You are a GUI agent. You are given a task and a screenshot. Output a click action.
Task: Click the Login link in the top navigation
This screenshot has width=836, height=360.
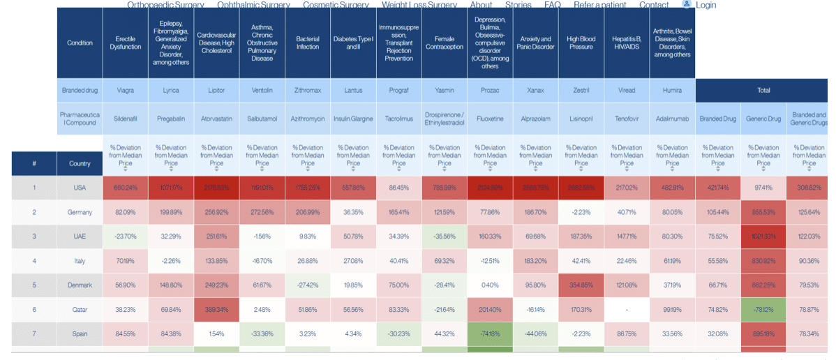click(x=705, y=5)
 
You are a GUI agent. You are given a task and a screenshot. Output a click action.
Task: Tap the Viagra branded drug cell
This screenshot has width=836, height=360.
click(x=126, y=91)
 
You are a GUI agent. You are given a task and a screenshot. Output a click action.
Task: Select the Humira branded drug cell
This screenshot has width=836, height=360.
click(x=672, y=91)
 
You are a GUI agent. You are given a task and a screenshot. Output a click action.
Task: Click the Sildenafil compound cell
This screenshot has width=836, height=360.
click(x=126, y=119)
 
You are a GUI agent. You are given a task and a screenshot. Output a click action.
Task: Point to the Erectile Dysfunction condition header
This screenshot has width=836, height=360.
click(x=126, y=43)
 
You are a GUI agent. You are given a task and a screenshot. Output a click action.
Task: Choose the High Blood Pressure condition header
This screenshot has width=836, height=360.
click(x=581, y=43)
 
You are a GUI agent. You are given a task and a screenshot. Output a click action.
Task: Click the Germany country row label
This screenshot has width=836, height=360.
click(x=80, y=212)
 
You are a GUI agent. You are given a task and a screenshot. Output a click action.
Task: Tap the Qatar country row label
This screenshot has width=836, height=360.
click(x=80, y=310)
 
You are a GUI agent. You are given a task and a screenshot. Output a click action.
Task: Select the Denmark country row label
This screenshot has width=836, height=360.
click(x=80, y=285)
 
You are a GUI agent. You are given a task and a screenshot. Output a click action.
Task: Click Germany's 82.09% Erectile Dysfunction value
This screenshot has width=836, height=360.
click(x=126, y=212)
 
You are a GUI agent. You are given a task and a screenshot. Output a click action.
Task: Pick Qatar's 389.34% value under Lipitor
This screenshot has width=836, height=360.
click(x=216, y=310)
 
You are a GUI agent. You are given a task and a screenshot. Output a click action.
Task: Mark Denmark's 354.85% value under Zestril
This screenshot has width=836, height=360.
click(x=581, y=285)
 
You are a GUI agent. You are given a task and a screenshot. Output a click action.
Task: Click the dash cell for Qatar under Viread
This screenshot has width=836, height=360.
click(x=627, y=310)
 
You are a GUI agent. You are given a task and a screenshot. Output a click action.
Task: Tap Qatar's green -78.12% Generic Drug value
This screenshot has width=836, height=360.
click(x=763, y=310)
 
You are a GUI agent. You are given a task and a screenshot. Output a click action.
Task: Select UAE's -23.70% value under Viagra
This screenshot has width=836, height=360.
click(x=126, y=237)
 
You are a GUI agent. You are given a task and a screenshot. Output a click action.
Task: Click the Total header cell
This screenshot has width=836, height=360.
click(x=763, y=91)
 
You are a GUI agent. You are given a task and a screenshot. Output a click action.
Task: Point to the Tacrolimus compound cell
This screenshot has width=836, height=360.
click(x=398, y=119)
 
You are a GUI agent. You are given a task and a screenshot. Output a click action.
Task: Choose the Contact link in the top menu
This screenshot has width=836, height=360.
click(x=654, y=5)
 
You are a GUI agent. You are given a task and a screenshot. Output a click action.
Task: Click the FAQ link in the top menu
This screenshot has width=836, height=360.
click(x=552, y=5)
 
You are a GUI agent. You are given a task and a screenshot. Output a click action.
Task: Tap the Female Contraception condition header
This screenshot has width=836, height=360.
click(x=444, y=43)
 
